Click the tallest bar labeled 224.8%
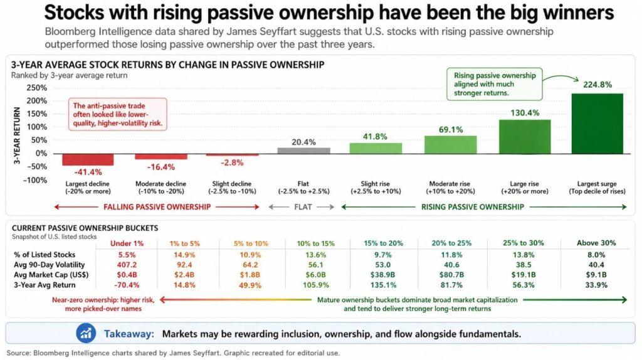597,123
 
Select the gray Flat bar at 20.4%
303,151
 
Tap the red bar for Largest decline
88,159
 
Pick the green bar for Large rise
524,136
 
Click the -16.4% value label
160,167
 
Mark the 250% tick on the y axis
38,88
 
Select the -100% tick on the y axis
37,180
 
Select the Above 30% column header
596,243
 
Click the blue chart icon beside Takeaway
85,333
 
